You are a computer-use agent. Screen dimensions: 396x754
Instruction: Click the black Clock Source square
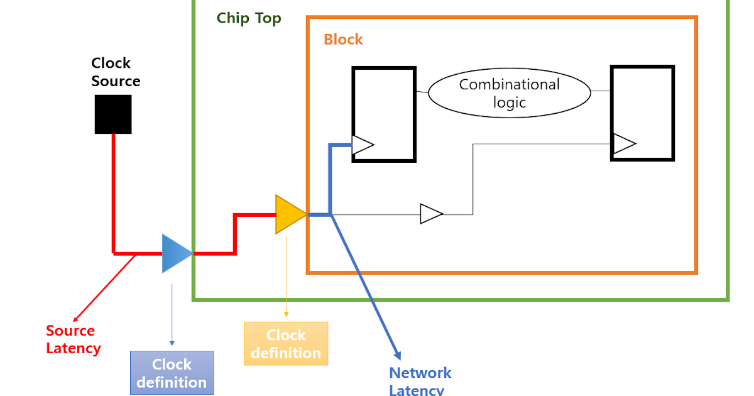click(113, 114)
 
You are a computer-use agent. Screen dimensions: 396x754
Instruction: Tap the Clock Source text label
click(115, 72)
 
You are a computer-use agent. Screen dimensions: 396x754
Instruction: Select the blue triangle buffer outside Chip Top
click(176, 253)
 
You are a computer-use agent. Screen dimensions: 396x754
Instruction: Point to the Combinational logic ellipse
click(509, 93)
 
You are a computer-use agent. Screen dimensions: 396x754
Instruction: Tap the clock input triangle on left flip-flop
click(363, 145)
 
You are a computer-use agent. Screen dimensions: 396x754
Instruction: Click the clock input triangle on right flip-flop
click(623, 144)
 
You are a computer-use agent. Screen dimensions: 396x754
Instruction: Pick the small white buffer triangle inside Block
click(430, 214)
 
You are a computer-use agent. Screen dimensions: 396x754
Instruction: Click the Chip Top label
click(249, 18)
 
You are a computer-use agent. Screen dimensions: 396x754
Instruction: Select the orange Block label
click(343, 40)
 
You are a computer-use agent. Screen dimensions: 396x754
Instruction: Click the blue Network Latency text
click(420, 380)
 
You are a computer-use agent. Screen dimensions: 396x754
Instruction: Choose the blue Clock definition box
click(172, 373)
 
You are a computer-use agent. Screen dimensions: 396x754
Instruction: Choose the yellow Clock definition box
click(286, 344)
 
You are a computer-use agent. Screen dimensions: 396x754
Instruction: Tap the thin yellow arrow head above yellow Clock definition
click(286, 314)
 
